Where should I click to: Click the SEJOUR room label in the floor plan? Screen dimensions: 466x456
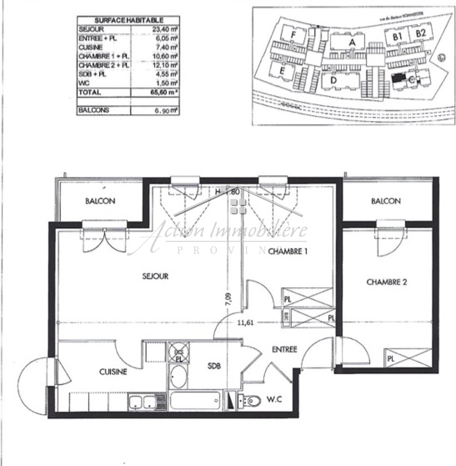[x=155, y=276]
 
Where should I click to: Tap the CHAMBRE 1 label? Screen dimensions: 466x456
[x=287, y=252]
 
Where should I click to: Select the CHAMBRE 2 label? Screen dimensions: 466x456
[x=387, y=282]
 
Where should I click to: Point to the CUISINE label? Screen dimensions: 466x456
[x=113, y=372]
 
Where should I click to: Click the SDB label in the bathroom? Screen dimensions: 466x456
[x=214, y=365]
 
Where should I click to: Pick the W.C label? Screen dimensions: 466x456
[x=274, y=399]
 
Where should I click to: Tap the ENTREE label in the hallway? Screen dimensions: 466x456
[x=284, y=349]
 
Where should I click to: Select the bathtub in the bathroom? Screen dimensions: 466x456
[x=195, y=401]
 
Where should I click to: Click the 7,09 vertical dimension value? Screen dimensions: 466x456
[x=228, y=299]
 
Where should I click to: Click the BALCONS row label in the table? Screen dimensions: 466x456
[x=94, y=110]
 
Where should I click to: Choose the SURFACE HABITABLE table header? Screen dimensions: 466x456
[x=128, y=20]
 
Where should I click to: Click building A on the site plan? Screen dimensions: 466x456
[x=351, y=42]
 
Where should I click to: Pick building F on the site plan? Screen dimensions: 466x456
[x=294, y=35]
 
